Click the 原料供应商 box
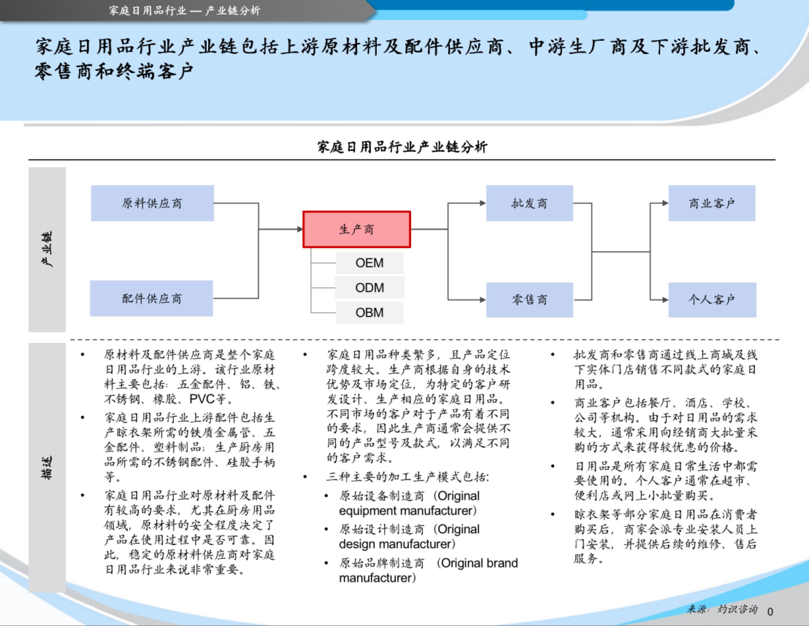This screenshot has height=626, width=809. [x=152, y=203]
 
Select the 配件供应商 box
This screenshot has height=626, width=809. [x=152, y=298]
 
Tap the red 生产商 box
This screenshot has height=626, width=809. [x=357, y=229]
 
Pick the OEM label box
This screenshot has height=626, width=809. [x=370, y=263]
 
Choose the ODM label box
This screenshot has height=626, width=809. [x=370, y=287]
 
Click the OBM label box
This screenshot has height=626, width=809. [x=370, y=312]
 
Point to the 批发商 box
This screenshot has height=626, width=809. [x=529, y=203]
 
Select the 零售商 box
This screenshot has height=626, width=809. [x=529, y=300]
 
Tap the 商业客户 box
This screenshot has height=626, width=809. [x=712, y=203]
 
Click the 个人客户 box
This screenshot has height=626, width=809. [x=712, y=300]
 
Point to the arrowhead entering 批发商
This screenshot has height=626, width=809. [x=483, y=203]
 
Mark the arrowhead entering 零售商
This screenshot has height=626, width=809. [x=483, y=300]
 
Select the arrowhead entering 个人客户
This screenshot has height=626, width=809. [x=665, y=300]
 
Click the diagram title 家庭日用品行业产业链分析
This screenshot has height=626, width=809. [x=402, y=147]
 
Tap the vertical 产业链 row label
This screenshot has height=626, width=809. [x=47, y=249]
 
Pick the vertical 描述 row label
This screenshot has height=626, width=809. [x=47, y=468]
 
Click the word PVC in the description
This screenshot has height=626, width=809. [x=202, y=399]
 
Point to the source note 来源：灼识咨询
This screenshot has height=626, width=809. [x=722, y=609]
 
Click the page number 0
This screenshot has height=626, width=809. [x=770, y=611]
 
